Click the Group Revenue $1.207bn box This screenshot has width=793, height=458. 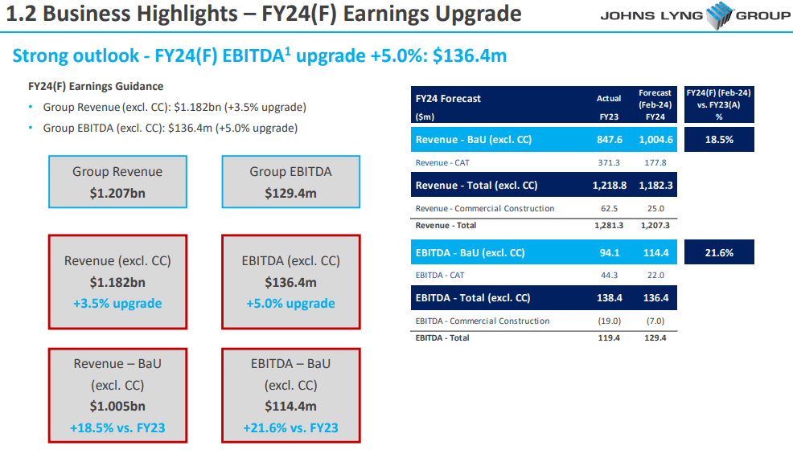117,182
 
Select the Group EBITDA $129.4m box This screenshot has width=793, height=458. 290,182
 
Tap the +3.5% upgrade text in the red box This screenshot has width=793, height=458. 117,304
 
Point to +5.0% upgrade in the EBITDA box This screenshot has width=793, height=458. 290,304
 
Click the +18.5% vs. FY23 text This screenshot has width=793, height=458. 117,427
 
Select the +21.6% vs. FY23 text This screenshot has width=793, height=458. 290,427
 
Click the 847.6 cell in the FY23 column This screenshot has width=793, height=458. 609,140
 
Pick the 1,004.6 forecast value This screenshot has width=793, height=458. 655,140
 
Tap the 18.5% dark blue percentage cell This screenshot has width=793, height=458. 719,140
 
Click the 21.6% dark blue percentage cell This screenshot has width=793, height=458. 719,253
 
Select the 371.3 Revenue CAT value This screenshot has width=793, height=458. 609,162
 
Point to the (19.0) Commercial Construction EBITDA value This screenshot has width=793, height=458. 609,321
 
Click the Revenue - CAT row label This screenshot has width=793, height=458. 442,162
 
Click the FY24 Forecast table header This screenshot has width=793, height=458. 448,99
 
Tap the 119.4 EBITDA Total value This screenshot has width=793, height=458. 609,338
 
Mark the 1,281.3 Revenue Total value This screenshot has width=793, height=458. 609,226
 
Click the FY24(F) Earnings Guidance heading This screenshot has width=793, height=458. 96,87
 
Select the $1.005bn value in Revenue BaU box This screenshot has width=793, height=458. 117,407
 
